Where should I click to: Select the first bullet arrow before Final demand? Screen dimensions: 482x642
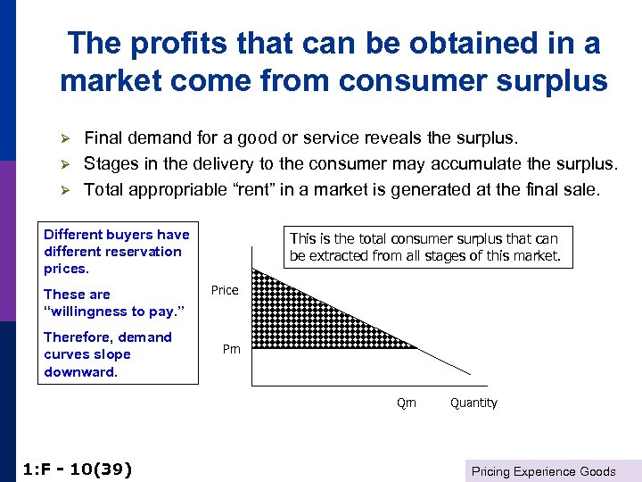64,139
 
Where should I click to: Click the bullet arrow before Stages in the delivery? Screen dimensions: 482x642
64,164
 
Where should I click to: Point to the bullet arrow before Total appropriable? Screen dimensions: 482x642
64,189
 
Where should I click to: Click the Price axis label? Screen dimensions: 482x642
225,290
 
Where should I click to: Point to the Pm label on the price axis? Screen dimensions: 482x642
231,349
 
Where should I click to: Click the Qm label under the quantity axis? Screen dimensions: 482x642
406,403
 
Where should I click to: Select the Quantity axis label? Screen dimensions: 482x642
473,403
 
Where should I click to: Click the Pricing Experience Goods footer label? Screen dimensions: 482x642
543,471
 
